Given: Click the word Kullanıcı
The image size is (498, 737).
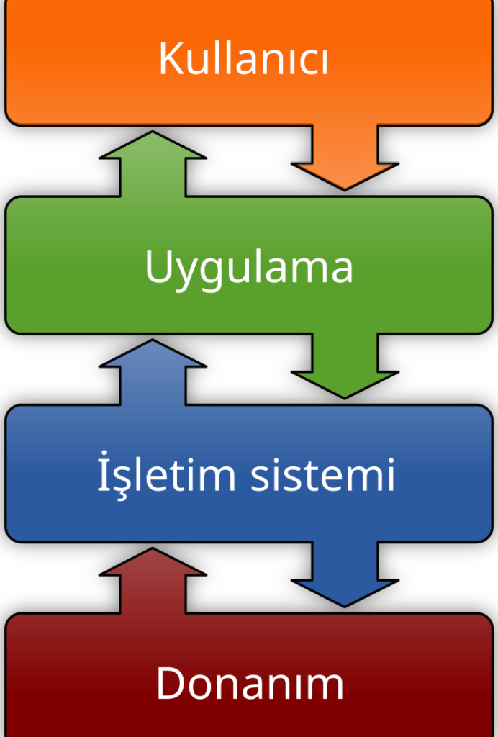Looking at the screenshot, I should [243, 59].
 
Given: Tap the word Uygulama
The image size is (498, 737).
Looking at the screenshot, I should [249, 267].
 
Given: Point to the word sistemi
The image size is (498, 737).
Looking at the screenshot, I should [322, 475].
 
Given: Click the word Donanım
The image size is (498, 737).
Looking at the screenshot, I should [250, 683].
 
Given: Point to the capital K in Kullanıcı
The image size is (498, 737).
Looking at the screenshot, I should [170, 59].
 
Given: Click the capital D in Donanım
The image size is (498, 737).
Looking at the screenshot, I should [170, 683].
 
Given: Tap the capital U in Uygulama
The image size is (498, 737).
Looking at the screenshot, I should [158, 267].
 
